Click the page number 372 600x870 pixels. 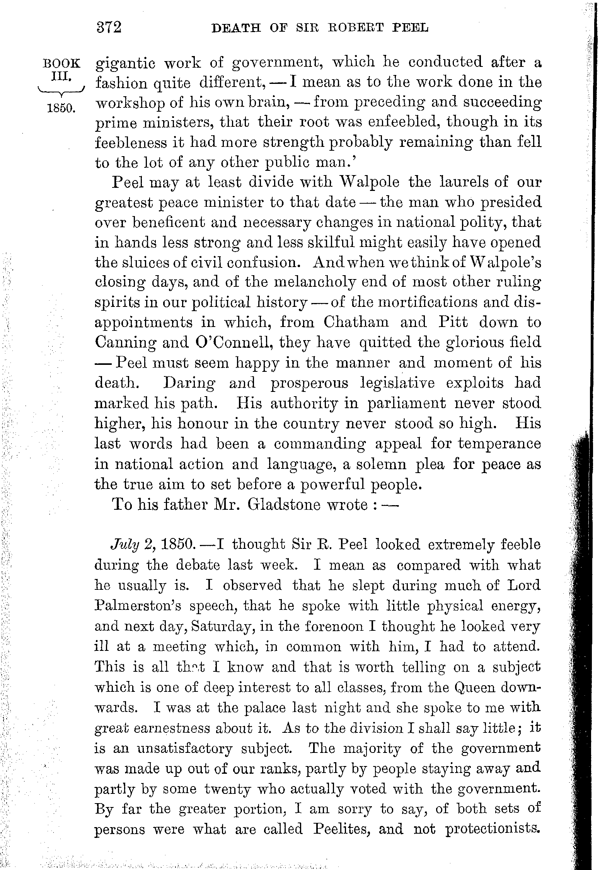point(109,28)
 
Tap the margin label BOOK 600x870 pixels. point(62,63)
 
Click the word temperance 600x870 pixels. point(499,443)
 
